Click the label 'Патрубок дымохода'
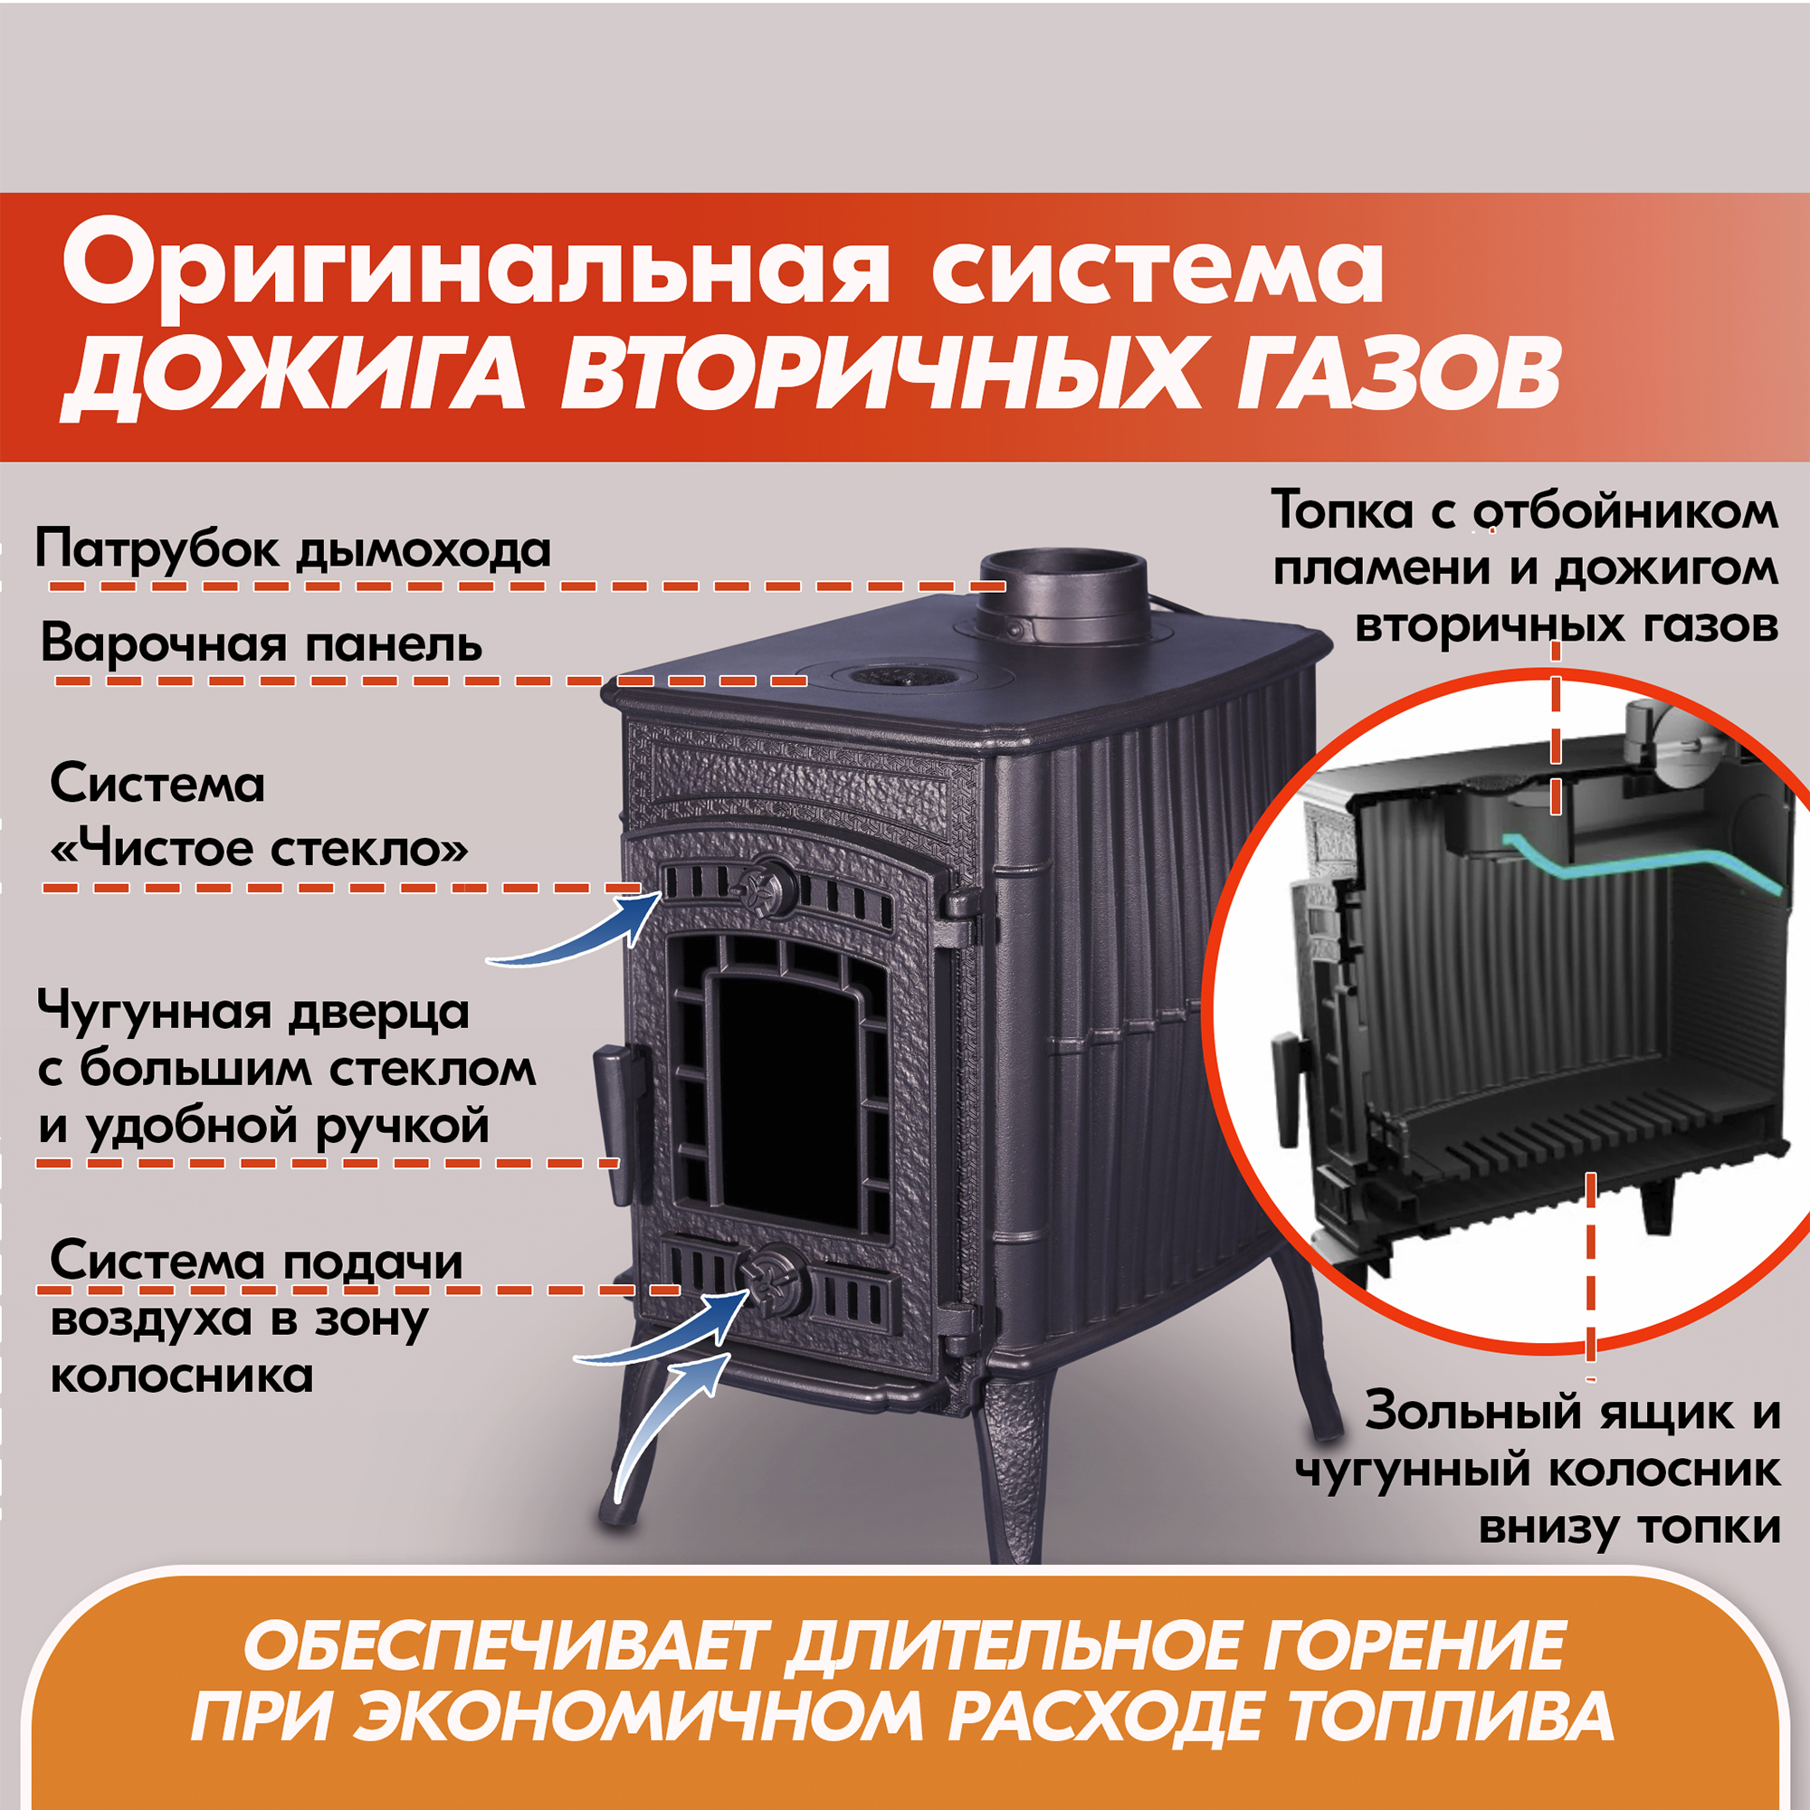(292, 550)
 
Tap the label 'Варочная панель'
(262, 644)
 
